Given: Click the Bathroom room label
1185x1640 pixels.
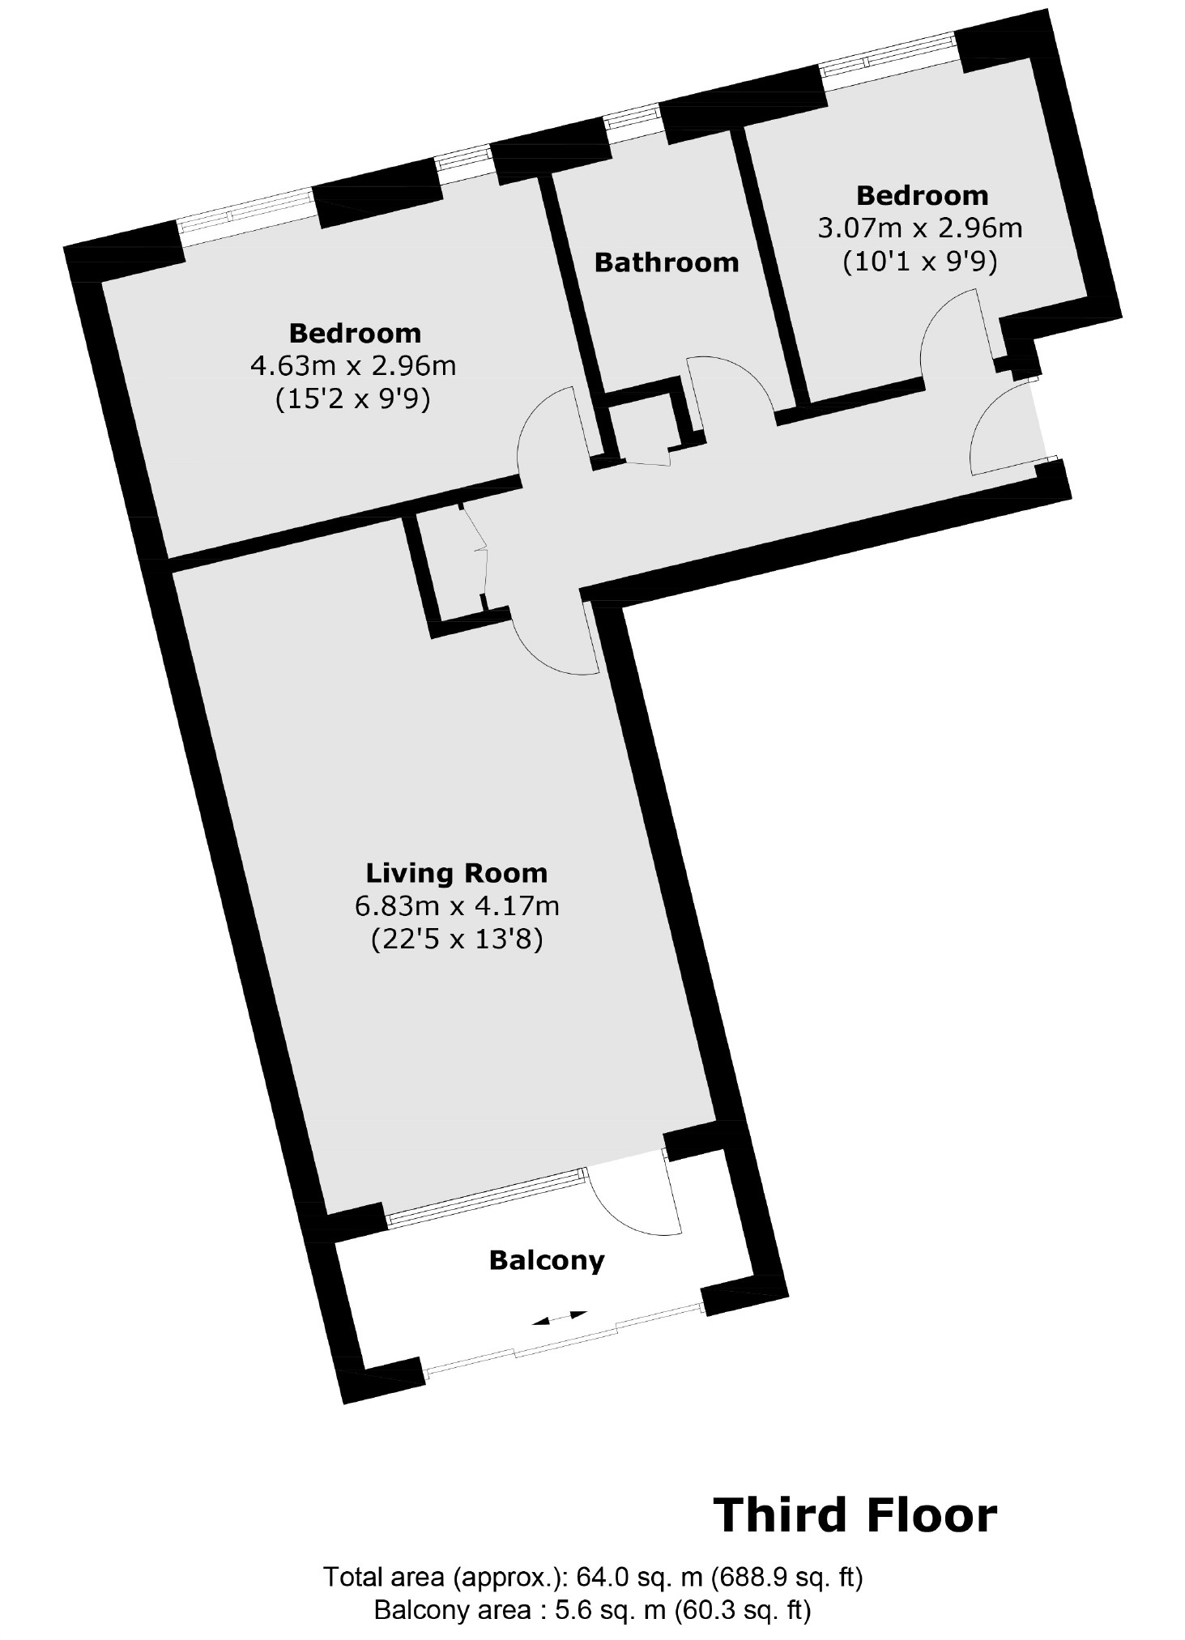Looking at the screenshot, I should click(666, 262).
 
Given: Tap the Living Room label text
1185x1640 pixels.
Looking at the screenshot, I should click(457, 873).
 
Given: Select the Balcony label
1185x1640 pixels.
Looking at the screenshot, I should click(547, 1261).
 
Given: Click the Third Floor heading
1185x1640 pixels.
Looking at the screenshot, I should click(855, 1515).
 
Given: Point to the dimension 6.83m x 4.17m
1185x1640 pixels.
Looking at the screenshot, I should click(457, 905).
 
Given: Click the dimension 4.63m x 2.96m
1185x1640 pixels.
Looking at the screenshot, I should click(353, 366).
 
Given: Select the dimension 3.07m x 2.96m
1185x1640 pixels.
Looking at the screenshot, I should click(920, 228).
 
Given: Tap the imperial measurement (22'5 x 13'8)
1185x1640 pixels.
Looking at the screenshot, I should click(457, 939).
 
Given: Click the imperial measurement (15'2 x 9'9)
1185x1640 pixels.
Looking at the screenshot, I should click(353, 400).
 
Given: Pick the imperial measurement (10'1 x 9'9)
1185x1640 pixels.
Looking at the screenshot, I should click(920, 262).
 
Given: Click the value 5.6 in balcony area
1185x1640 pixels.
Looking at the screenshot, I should click(571, 1610).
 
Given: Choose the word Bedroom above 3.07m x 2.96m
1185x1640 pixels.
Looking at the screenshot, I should click(922, 196).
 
